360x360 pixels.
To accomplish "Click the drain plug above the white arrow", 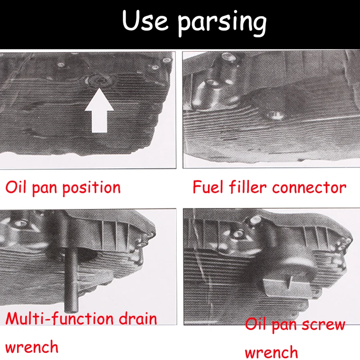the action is pyautogui.click(x=99, y=81).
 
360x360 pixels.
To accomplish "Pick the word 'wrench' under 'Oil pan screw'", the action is pyautogui.click(x=271, y=351).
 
